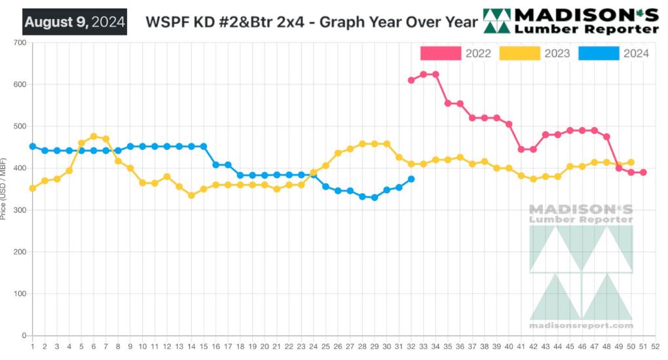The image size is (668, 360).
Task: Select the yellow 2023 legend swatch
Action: click(x=519, y=53)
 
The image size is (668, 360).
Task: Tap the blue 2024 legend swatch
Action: click(x=599, y=53)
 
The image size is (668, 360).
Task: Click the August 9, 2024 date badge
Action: click(x=75, y=22)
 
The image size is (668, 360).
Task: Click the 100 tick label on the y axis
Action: click(x=20, y=294)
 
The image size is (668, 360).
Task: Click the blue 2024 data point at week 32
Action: click(x=411, y=179)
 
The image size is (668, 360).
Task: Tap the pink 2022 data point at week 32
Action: click(x=411, y=80)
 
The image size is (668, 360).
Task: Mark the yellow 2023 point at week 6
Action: click(x=94, y=136)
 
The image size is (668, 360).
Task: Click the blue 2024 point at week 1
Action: click(x=32, y=147)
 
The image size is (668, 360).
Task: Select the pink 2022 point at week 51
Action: click(x=643, y=172)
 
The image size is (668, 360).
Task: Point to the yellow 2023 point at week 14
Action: click(x=191, y=195)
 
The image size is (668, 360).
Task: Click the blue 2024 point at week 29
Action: click(x=375, y=197)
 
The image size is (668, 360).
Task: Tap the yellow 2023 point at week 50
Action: click(x=631, y=162)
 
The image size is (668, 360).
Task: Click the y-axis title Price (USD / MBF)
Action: click(x=5, y=190)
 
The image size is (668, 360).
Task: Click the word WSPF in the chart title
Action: click(x=163, y=22)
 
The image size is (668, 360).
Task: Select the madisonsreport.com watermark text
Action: click(x=582, y=325)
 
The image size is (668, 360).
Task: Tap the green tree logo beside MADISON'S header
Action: click(x=497, y=21)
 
